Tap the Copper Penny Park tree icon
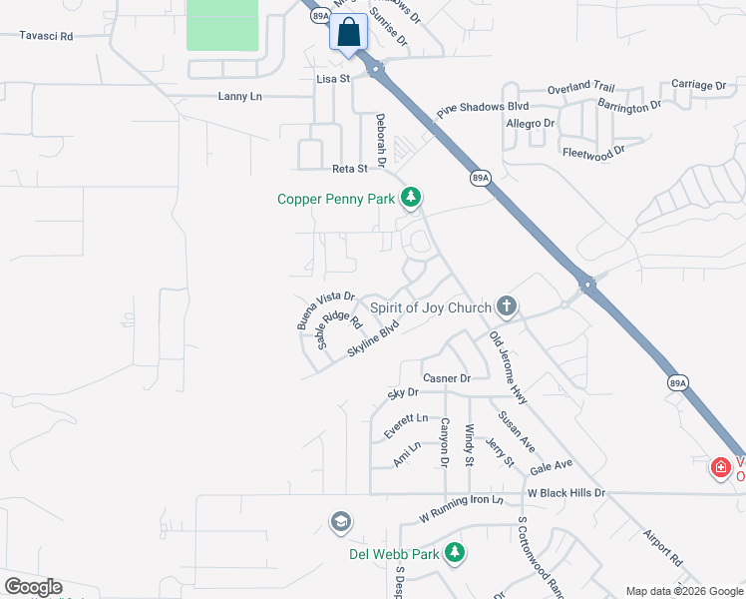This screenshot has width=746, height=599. [x=410, y=198]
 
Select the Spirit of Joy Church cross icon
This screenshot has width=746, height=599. [x=507, y=306]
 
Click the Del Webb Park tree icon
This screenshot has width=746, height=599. [x=455, y=552]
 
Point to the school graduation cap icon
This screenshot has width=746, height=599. [x=341, y=522]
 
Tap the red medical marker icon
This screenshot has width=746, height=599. [x=720, y=466]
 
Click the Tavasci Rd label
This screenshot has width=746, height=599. [x=47, y=36]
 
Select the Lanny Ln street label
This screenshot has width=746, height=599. [x=239, y=97]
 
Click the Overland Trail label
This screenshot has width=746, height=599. [x=581, y=88]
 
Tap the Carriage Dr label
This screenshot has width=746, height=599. [x=698, y=86]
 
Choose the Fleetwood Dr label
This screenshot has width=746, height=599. [x=592, y=152]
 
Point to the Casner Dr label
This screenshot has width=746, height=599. [x=446, y=378]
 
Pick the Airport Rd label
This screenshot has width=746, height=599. [x=661, y=546]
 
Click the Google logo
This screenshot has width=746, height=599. [x=32, y=587]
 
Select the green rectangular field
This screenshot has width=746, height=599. [x=222, y=24]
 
